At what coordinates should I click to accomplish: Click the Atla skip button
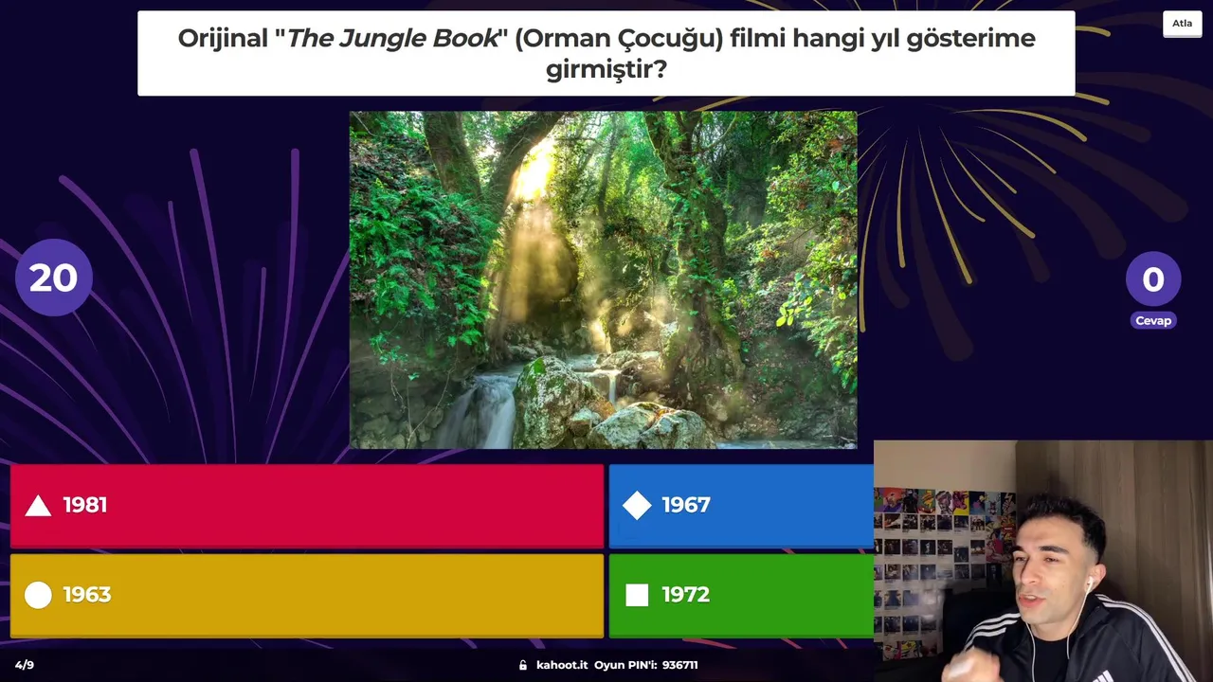point(1182,24)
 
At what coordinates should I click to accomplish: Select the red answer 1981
point(307,506)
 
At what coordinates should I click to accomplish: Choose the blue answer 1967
point(741,506)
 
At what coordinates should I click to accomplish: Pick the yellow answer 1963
point(307,595)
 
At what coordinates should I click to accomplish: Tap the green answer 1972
point(741,595)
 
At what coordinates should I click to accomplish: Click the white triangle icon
point(39,507)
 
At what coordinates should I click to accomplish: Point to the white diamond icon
point(637,506)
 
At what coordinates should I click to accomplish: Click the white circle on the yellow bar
point(38,595)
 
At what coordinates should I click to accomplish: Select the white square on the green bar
point(637,595)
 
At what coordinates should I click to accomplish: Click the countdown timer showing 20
point(54,278)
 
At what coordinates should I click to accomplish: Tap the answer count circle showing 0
point(1153,279)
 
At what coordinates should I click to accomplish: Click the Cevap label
point(1153,320)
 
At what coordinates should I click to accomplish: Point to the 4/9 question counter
point(25,665)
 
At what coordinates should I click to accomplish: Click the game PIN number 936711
point(680,665)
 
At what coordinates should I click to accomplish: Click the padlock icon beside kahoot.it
point(522,665)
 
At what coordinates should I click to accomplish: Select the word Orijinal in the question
point(223,39)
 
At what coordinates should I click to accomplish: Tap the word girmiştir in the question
point(600,70)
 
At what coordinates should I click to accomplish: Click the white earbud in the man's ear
point(1090,583)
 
